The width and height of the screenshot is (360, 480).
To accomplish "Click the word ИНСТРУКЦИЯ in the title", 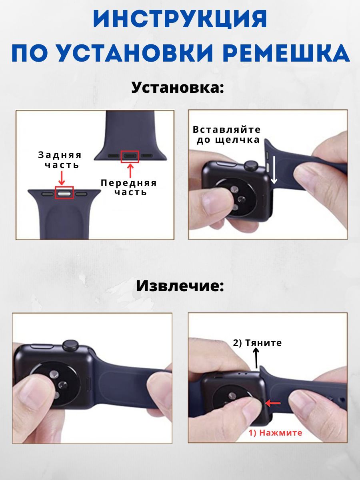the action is (180, 19).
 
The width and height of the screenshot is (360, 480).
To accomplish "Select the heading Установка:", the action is (178, 88).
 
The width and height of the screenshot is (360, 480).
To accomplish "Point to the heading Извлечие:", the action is (180, 286).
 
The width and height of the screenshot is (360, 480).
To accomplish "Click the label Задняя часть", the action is (60, 160).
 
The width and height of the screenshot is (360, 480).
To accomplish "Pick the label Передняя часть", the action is (129, 188).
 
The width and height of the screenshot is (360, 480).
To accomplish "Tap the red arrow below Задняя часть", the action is (62, 178).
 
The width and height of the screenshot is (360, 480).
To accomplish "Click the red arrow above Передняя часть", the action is (130, 171).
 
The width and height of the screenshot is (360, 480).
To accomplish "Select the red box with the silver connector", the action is (64, 192).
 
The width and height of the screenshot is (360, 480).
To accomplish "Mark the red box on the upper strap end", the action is (130, 156).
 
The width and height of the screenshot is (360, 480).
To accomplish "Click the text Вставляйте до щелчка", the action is (227, 134).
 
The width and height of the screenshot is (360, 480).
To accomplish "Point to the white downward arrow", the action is (274, 172).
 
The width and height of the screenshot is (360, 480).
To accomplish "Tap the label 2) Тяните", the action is (257, 343).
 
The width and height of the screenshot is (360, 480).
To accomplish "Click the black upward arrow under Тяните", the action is (256, 358).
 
